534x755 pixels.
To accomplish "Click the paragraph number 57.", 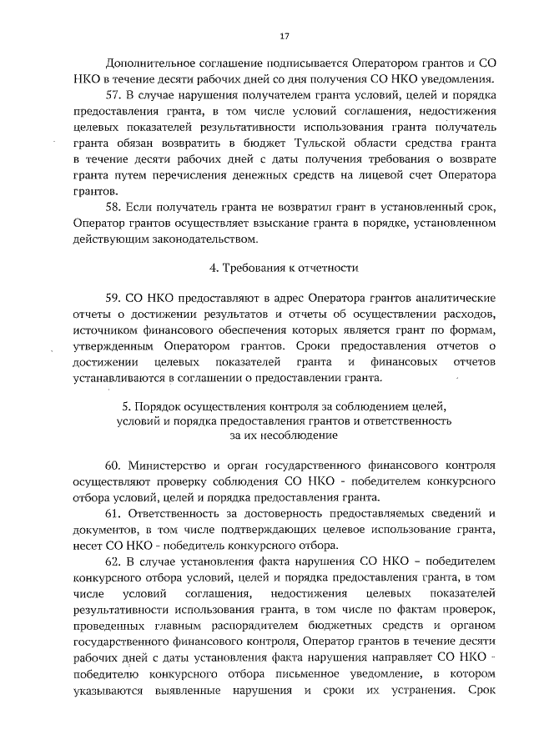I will pyautogui.click(x=114, y=94).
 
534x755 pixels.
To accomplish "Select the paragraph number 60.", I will pyautogui.click(x=114, y=466).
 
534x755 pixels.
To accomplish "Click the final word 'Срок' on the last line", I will pyautogui.click(x=481, y=691).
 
